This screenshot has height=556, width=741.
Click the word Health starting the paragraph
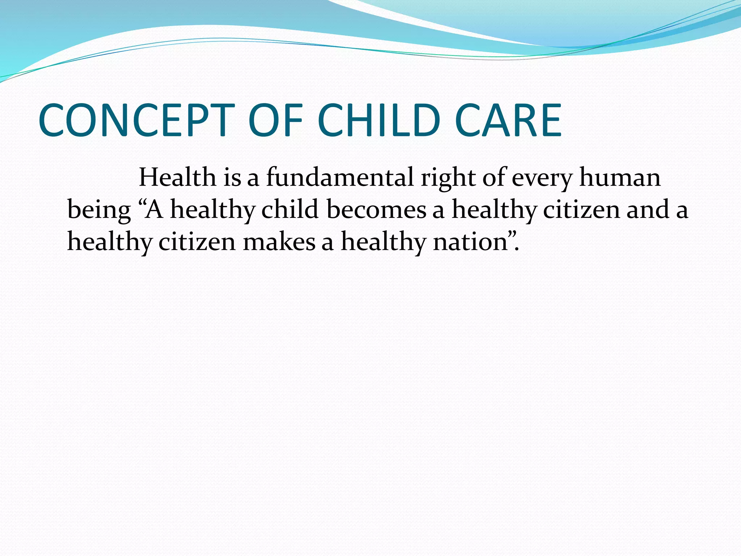click(177, 178)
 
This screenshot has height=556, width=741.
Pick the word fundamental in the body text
click(340, 178)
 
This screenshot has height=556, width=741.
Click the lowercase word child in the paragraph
click(290, 210)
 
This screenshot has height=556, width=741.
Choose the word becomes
click(376, 210)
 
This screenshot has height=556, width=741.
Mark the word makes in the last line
click(279, 242)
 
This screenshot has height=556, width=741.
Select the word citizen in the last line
click(197, 241)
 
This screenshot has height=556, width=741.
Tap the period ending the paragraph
click(517, 249)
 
